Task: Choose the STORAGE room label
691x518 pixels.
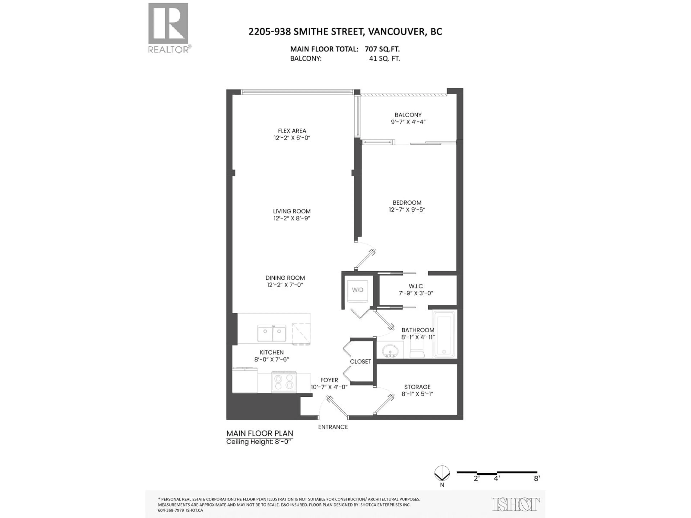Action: point(417,387)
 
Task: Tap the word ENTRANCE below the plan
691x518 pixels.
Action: point(333,427)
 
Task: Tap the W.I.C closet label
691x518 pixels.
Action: point(416,286)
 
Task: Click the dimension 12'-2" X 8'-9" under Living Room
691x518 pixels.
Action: point(292,218)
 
